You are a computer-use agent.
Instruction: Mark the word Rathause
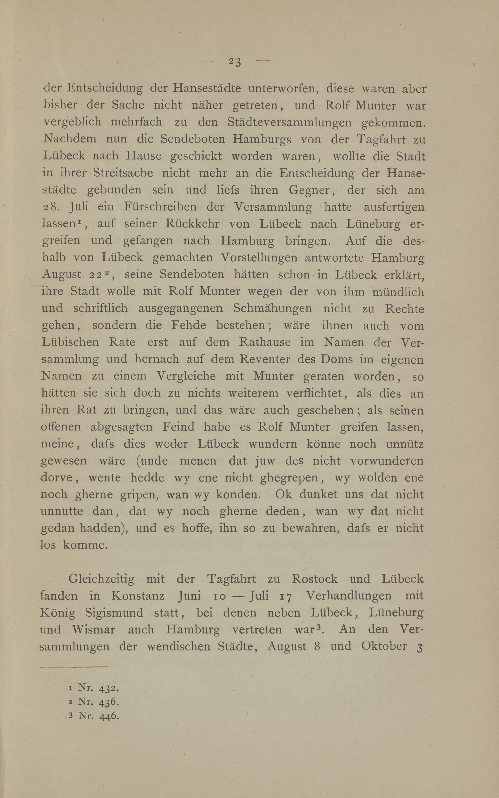[265, 342]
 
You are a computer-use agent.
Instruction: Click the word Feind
[178, 427]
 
